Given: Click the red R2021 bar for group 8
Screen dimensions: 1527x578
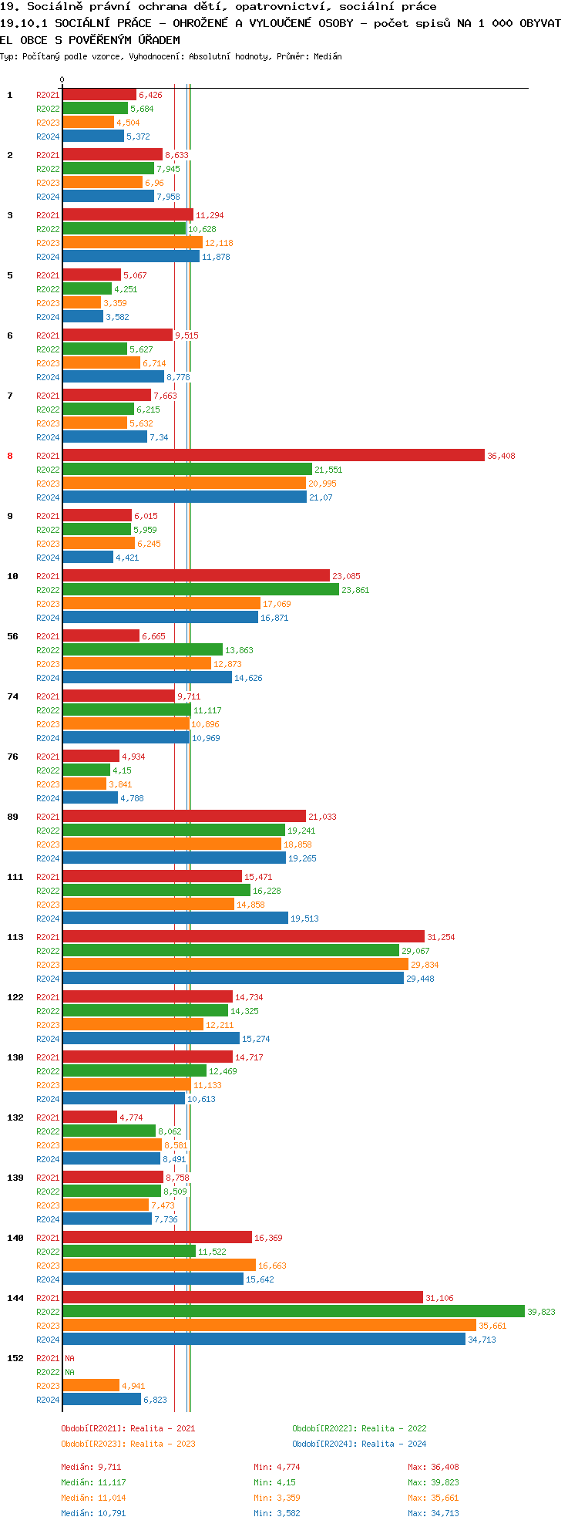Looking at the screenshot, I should coord(274,456).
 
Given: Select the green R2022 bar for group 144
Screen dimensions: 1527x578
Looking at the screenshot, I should coord(294,1311).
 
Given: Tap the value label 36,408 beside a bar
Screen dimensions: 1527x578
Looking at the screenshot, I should coord(501,456).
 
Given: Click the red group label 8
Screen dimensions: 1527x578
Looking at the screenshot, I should coord(10,456).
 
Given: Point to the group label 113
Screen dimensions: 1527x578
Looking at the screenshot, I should coord(15,937).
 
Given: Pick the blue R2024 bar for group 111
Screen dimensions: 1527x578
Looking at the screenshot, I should coord(176,918).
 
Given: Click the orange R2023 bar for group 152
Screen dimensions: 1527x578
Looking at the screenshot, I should coord(91,1385).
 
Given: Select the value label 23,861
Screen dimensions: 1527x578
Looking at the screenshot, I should coord(355,590).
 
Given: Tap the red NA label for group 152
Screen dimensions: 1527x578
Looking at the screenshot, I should coord(69,1358).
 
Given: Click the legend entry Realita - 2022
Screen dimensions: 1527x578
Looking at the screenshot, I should coord(359,1428).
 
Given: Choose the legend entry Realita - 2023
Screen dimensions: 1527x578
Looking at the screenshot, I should coord(128,1444).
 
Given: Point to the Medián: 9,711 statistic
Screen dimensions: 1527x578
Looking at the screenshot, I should coord(91,1467).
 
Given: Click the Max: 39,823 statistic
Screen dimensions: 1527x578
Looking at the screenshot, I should coord(433,1482).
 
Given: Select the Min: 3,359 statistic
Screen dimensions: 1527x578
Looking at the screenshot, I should coord(277,1498).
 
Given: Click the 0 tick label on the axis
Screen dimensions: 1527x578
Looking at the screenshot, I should coord(62,79).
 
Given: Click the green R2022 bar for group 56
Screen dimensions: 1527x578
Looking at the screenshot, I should coord(143,649).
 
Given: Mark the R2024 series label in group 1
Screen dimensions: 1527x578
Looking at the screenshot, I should coord(48,137).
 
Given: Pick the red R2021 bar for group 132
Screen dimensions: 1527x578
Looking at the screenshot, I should coord(89,1117).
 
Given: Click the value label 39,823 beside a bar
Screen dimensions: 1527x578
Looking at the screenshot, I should coord(540,1312).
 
